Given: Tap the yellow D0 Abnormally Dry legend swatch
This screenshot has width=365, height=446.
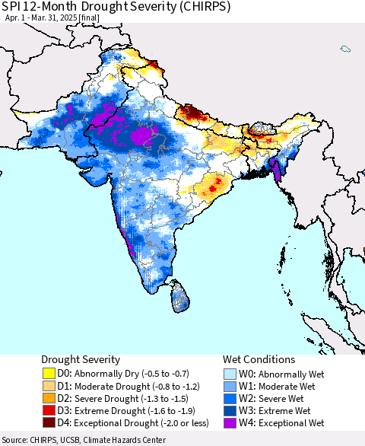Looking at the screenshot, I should coord(50,374).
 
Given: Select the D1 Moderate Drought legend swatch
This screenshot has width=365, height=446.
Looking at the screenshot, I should coord(50,386).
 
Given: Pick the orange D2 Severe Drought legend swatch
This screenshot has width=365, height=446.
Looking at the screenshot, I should coord(50,398).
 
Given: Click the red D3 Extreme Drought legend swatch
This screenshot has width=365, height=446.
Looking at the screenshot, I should coord(50,410).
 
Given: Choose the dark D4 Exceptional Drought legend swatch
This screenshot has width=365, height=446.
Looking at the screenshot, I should coord(50,422).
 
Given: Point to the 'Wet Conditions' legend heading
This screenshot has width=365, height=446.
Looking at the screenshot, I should coord(259,359).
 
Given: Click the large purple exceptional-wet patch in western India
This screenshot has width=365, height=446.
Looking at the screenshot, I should coord(141,136).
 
